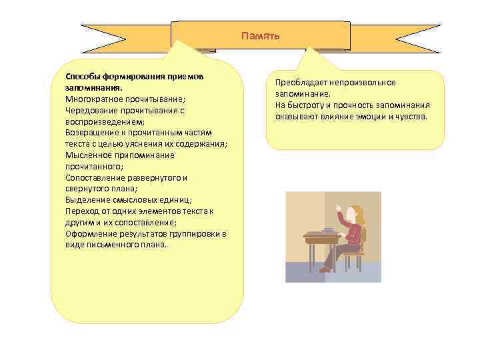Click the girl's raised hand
339,209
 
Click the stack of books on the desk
327,230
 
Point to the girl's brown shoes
325,269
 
